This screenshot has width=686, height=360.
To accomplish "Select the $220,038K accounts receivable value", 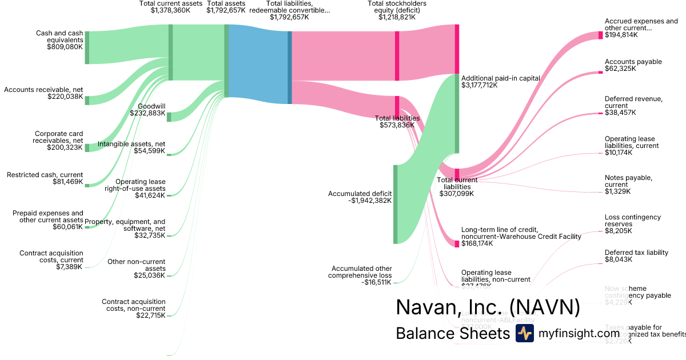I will (x=65, y=97).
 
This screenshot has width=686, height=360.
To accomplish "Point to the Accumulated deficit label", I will (x=360, y=194).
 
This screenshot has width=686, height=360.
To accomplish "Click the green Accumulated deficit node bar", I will (x=395, y=204).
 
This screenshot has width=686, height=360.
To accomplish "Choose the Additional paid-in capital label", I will (x=500, y=78).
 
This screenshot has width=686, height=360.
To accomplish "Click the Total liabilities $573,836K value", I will (x=397, y=125).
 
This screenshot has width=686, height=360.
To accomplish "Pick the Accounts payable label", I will (x=633, y=62).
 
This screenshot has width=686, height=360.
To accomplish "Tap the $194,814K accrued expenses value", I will (x=621, y=35).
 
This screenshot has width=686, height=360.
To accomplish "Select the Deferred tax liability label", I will (x=636, y=253).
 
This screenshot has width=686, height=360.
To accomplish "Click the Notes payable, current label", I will (x=628, y=181).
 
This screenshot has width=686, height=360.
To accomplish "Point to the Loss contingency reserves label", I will (x=632, y=221).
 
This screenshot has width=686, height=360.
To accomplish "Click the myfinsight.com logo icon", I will (x=524, y=334).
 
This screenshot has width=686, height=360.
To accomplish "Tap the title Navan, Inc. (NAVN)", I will (x=488, y=307).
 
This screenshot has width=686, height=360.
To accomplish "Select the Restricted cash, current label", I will (x=45, y=175).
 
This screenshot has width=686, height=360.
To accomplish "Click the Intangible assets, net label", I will (x=131, y=144).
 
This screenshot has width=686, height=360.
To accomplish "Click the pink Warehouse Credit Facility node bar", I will (x=457, y=243).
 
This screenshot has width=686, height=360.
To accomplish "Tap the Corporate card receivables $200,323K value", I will (x=65, y=147).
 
